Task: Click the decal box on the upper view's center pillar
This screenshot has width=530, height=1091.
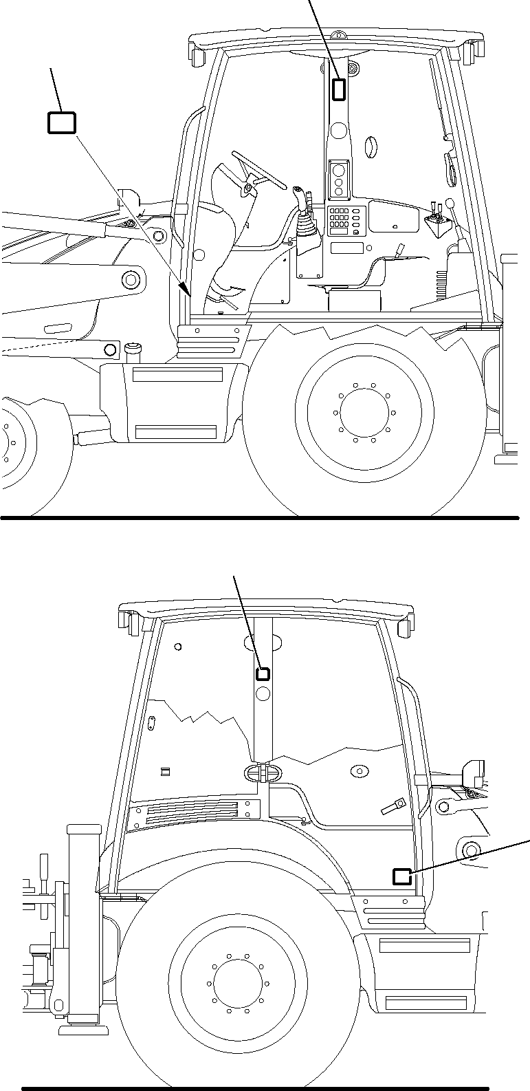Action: pos(340,89)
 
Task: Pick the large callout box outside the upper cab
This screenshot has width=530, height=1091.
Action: pos(61,123)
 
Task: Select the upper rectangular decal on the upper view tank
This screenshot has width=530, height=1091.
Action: pos(177,375)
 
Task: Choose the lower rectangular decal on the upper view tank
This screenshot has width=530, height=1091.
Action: pos(177,432)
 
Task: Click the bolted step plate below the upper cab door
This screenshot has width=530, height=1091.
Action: pos(210,341)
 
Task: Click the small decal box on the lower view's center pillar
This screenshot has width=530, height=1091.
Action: pos(263,673)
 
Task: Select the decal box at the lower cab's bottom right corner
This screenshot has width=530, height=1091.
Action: pos(401,876)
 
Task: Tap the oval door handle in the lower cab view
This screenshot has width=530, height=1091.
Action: pos(261,772)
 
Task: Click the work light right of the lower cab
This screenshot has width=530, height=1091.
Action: pos(475,772)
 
